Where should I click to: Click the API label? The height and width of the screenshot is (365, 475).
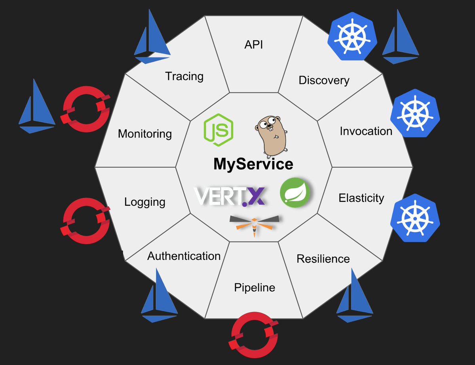coord(254,44)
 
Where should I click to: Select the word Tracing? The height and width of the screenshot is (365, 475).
coord(184,76)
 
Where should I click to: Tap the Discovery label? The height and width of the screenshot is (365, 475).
coord(324,80)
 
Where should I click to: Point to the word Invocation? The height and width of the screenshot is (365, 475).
coord(366,131)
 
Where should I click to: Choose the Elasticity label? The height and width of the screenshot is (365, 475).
coord(361,198)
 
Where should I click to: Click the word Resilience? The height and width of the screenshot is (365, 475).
coord(323,259)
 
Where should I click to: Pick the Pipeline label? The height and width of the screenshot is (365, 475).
coord(254,287)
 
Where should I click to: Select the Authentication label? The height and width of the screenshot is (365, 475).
coord(184,256)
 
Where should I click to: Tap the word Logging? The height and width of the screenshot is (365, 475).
coord(144,202)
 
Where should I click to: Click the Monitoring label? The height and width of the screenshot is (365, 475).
coord(145,134)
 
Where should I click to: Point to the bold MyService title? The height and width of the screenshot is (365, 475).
coord(253,164)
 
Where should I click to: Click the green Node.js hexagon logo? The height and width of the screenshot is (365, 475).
coord(218,129)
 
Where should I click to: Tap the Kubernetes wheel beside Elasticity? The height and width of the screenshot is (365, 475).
coord(415,218)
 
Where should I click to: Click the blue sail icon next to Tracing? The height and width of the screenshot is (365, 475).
coord(151,38)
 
